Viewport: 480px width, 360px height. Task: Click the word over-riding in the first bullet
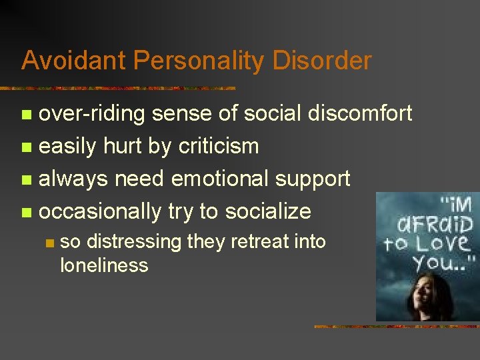(x=92, y=114)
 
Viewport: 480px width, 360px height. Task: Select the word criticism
(x=218, y=146)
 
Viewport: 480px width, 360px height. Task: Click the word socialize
(x=268, y=211)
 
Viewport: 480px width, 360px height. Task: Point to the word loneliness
(x=104, y=265)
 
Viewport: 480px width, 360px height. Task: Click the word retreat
(x=247, y=241)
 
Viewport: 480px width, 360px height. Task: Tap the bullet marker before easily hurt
(x=26, y=147)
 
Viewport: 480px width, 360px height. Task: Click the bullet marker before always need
(x=26, y=180)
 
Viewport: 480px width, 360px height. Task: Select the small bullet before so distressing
(x=48, y=243)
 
